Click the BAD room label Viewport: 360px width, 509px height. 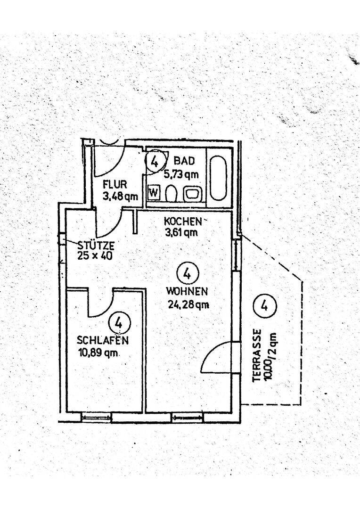(x=184, y=161)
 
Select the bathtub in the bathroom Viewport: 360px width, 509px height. (x=218, y=178)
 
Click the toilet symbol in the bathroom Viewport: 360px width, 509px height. (x=171, y=194)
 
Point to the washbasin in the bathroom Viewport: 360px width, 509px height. (x=193, y=194)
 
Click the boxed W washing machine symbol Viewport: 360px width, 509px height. (x=154, y=192)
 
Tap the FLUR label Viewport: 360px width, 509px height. (x=115, y=185)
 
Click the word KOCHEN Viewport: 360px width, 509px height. (x=183, y=222)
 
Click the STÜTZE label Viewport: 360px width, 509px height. (x=96, y=245)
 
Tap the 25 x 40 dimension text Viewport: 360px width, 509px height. (x=95, y=255)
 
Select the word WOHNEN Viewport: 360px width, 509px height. (x=187, y=291)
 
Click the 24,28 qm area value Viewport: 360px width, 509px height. (x=188, y=304)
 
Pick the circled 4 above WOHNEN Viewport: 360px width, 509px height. (x=187, y=273)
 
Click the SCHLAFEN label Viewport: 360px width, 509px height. (x=103, y=340)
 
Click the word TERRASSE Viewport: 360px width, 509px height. (x=257, y=356)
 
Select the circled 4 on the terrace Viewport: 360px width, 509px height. (x=264, y=305)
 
